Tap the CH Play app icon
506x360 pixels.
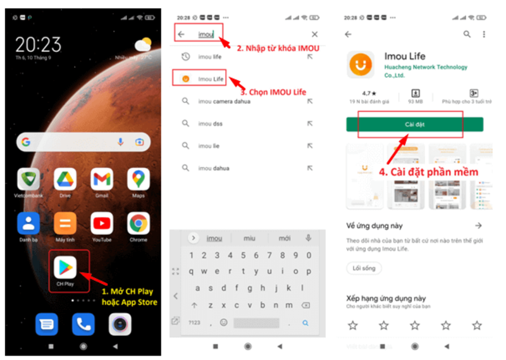[x=65, y=268]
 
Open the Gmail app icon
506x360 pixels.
[x=102, y=180]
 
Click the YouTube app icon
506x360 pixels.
[x=102, y=223]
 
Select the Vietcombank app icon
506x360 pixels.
[x=28, y=180]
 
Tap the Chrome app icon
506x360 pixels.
[x=139, y=223]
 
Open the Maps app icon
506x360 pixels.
[x=139, y=180]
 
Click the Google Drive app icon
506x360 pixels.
[x=65, y=180]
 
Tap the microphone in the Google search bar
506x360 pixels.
[x=120, y=142]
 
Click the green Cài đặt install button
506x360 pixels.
[x=414, y=124]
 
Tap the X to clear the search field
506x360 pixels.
[x=314, y=34]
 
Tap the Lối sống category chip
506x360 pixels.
[x=364, y=268]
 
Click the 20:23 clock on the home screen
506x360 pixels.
[x=39, y=44]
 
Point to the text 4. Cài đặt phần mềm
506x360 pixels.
[x=428, y=171]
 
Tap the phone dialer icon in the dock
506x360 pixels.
[x=83, y=324]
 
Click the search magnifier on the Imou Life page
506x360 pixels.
[x=467, y=34]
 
